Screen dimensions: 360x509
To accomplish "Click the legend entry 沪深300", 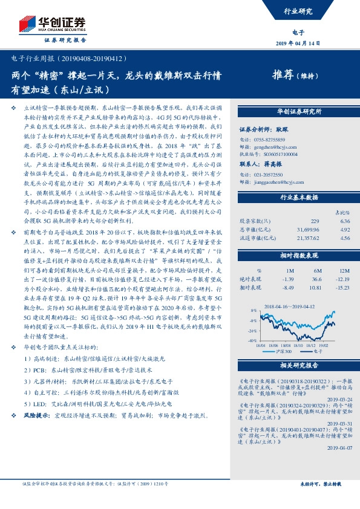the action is click(x=289, y=351).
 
